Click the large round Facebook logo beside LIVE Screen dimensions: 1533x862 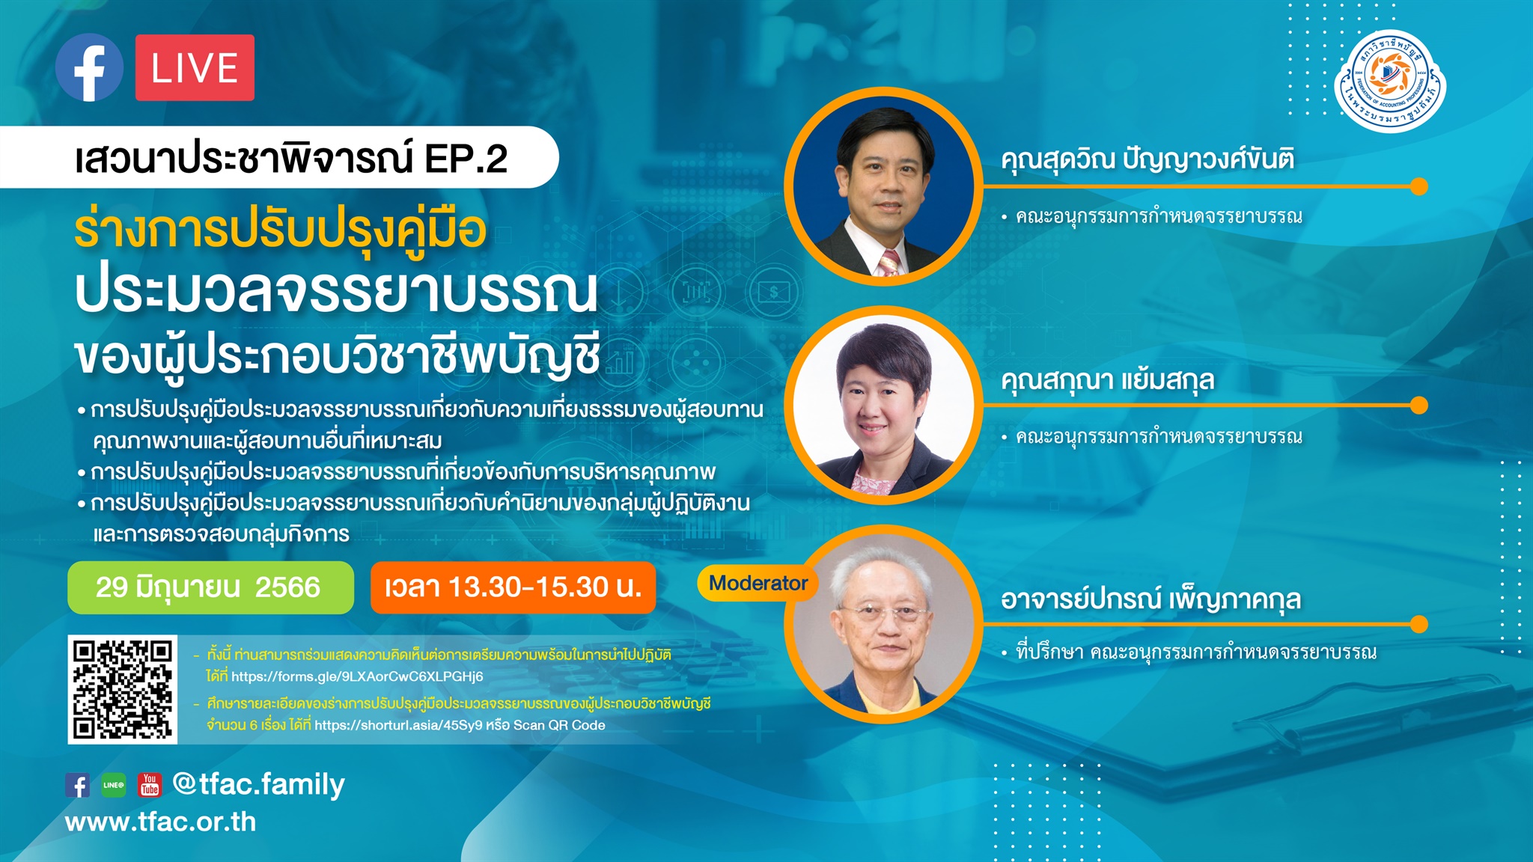pyautogui.click(x=89, y=67)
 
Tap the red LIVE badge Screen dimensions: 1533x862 pyautogui.click(x=195, y=67)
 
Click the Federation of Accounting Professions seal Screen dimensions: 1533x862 pyautogui.click(x=1390, y=80)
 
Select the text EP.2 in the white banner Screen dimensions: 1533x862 pyautogui.click(x=466, y=159)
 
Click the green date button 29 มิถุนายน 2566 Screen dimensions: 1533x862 pyautogui.click(x=210, y=587)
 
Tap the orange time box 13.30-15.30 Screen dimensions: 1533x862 pyautogui.click(x=513, y=587)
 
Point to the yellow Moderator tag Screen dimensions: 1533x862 pyautogui.click(x=758, y=583)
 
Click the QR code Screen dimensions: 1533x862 pyautogui.click(x=123, y=689)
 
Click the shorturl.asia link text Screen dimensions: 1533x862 pyautogui.click(x=398, y=725)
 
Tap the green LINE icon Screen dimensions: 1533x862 pyautogui.click(x=114, y=785)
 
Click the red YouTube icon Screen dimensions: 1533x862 pyautogui.click(x=150, y=785)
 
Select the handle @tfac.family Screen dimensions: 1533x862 pyautogui.click(x=258, y=784)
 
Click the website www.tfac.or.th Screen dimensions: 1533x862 pyautogui.click(x=160, y=822)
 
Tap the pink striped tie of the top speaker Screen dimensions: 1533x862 pyautogui.click(x=889, y=263)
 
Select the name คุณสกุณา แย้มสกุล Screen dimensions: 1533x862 pyautogui.click(x=1108, y=380)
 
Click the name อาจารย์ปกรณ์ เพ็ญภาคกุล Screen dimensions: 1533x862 pyautogui.click(x=1150, y=599)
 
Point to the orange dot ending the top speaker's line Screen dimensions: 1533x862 pyautogui.click(x=1418, y=186)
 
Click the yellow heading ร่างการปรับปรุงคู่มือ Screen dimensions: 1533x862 pyautogui.click(x=281, y=230)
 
